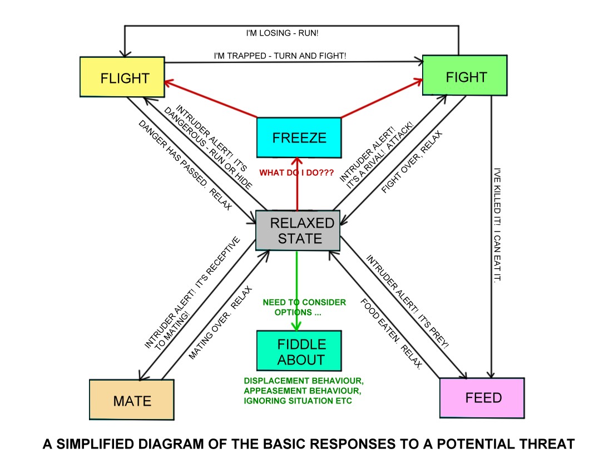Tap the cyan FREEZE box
[x=299, y=137]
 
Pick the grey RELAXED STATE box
[x=298, y=230]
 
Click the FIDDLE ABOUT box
[x=298, y=351]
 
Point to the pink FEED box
[x=482, y=397]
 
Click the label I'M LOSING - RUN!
[x=282, y=33]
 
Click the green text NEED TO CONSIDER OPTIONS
[x=304, y=307]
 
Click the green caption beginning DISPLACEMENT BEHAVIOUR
[x=303, y=391]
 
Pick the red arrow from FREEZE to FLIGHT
[x=211, y=100]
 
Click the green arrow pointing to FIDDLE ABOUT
[x=298, y=289]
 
